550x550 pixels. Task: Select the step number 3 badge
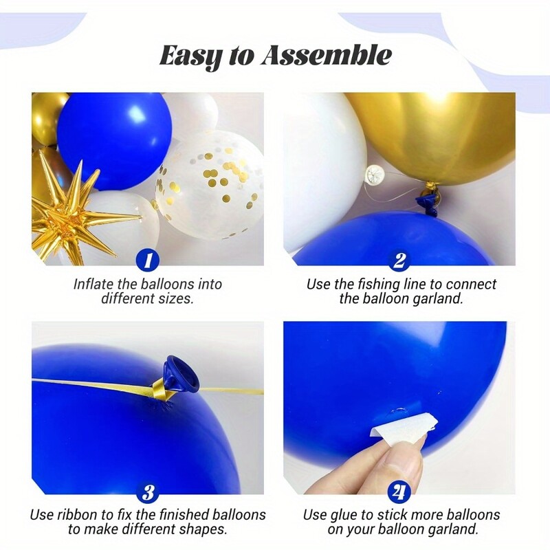pyautogui.click(x=147, y=492)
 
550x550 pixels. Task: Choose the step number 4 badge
pyautogui.click(x=399, y=492)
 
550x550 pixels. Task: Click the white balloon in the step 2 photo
pyautogui.click(x=316, y=165)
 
